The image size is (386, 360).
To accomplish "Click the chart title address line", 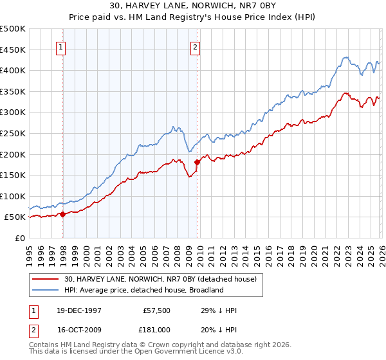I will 193,6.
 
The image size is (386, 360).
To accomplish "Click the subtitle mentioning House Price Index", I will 193,17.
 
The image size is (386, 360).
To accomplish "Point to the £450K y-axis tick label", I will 13,50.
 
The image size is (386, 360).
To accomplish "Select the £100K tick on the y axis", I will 13,196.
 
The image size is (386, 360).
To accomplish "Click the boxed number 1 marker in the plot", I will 60,46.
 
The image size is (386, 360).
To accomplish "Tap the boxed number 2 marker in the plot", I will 195,46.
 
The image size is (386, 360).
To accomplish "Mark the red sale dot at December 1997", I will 63,214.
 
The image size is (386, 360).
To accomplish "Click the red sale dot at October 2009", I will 197,163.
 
